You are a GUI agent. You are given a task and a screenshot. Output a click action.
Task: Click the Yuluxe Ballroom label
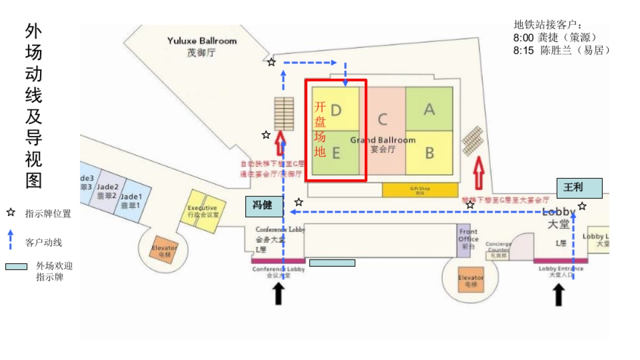tap(202, 41)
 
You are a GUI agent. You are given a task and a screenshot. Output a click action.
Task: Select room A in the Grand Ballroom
tap(429, 109)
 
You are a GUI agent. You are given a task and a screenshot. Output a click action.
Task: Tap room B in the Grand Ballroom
tap(429, 153)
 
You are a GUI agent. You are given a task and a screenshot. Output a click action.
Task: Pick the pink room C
tap(382, 118)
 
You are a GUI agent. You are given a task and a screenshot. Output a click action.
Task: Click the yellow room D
tap(336, 110)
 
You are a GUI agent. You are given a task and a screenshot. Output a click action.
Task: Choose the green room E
tap(336, 153)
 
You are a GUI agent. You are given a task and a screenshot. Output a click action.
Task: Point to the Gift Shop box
tap(420, 189)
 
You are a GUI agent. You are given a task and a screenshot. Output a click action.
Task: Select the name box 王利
tap(580, 188)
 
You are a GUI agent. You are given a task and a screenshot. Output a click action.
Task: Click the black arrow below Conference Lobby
tap(278, 294)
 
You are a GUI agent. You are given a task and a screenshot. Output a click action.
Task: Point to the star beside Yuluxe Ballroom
tap(271, 62)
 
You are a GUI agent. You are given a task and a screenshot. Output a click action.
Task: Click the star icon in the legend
tap(11, 213)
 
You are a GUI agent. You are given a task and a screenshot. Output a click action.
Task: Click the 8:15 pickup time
tap(523, 51)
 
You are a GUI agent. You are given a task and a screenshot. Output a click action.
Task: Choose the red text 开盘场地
tap(320, 129)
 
